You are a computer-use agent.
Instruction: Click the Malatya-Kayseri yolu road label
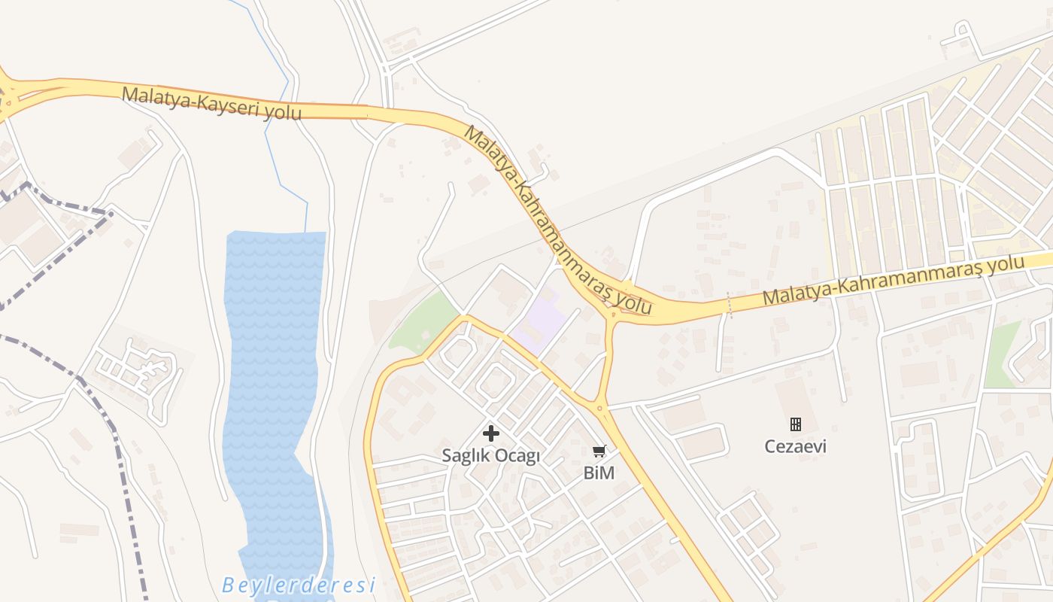[211, 103]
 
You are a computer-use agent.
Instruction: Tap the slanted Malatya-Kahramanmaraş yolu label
[557, 219]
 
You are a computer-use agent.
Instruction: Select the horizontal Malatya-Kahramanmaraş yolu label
[894, 281]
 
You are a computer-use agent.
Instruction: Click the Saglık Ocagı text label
[490, 456]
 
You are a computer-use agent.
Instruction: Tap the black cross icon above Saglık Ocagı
[490, 433]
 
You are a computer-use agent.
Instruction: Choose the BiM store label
[599, 473]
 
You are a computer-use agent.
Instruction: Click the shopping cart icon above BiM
[599, 451]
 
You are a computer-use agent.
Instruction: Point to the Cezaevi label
[795, 446]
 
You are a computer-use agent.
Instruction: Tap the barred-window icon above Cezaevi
[795, 424]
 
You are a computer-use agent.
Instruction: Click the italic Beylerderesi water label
[298, 585]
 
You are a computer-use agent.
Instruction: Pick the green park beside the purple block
[425, 324]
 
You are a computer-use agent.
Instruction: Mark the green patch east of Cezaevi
[1003, 354]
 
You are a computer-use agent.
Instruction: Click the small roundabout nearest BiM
[600, 409]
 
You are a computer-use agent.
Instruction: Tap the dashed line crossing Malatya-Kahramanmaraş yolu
[728, 305]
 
